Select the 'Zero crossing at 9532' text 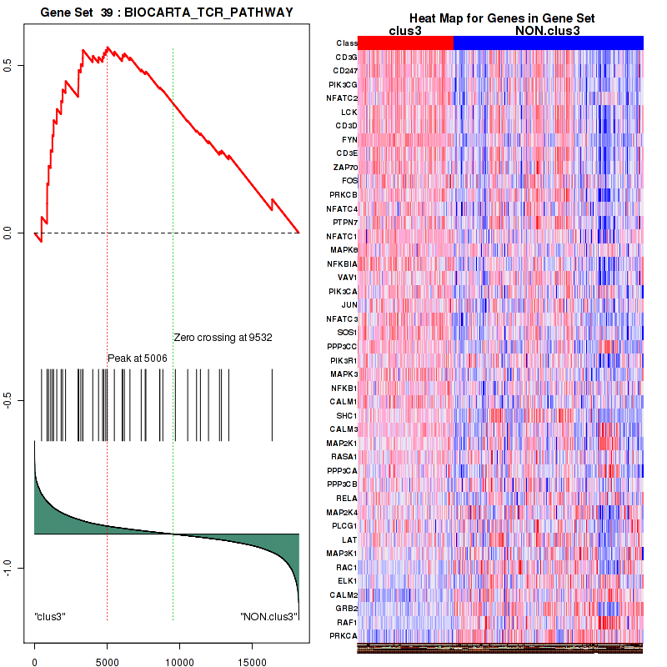click(223, 338)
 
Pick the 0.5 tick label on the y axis click(8, 65)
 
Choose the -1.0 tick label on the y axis click(8, 567)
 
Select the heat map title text click(500, 19)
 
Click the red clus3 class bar click(405, 43)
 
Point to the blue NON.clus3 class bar click(548, 43)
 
